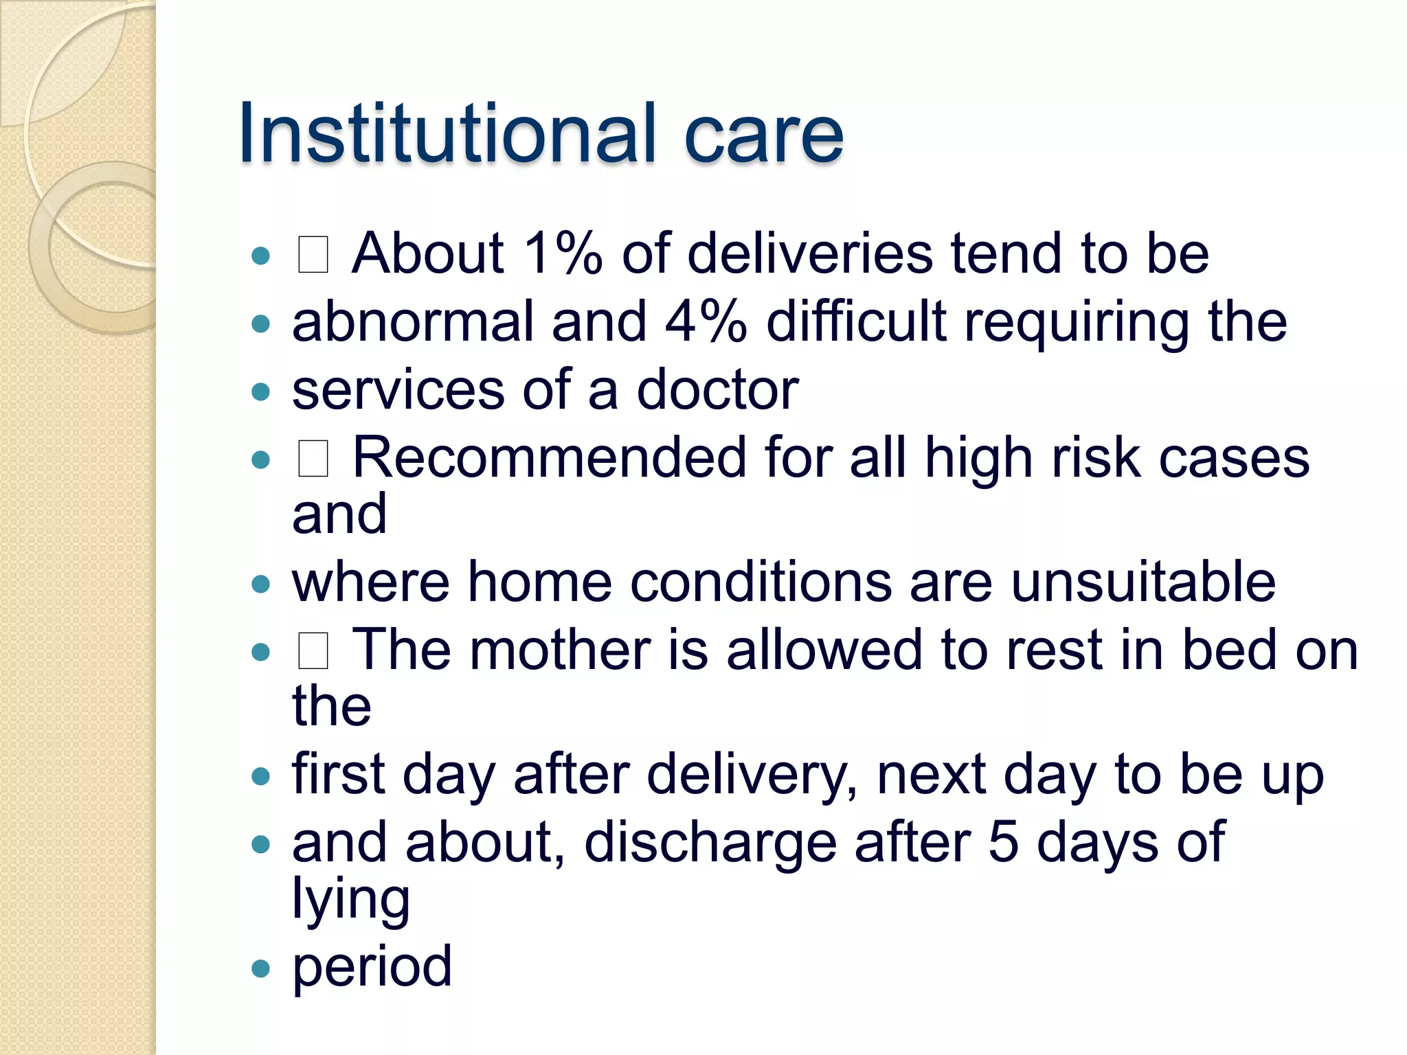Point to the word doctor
point(717,389)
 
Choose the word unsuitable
point(1143,582)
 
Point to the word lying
point(351,899)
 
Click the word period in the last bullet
point(372,966)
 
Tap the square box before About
point(313,254)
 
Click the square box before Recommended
point(313,459)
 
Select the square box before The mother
point(313,651)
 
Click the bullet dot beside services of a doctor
point(261,392)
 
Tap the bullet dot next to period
point(261,968)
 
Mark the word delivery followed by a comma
point(752,775)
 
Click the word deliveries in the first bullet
point(810,253)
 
